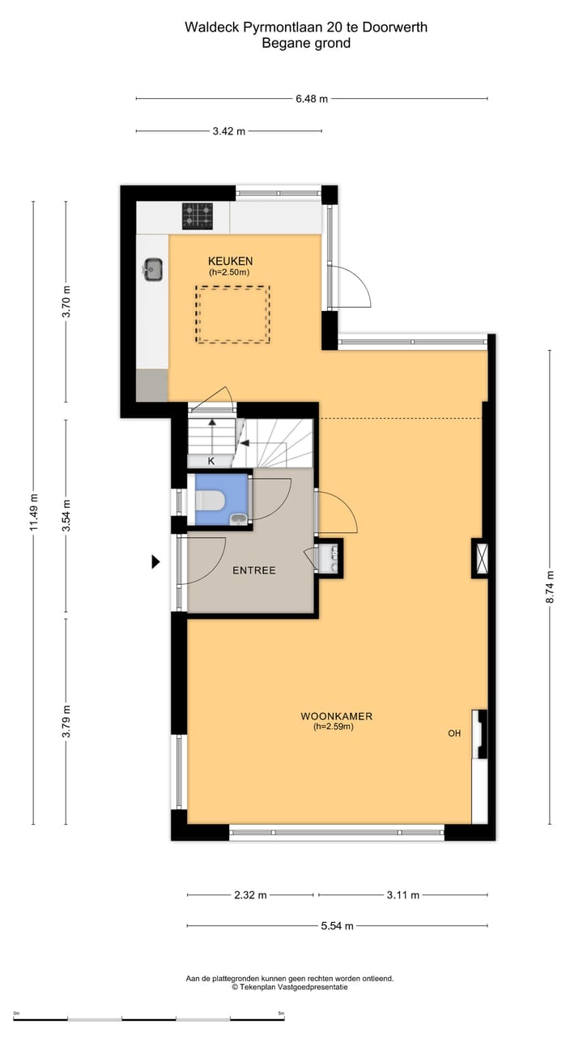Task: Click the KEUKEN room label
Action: point(230,261)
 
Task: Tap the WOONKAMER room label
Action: point(336,716)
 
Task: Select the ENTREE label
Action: point(254,570)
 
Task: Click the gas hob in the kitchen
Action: point(198,216)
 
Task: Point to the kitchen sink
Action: point(153,270)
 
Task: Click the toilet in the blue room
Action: point(210,501)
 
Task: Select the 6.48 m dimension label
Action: point(312,99)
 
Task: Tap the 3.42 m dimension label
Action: point(229,131)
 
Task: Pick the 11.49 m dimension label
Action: point(33,513)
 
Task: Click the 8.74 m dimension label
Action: point(550,587)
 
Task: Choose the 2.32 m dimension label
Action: point(250,895)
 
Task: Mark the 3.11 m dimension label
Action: point(403,895)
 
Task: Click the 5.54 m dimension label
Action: point(338,925)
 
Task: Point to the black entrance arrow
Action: point(156,562)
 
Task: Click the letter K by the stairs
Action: point(211,461)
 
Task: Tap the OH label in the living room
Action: point(454,733)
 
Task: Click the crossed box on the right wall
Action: point(481,558)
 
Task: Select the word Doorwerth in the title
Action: point(394,28)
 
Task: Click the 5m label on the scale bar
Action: point(281,1014)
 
